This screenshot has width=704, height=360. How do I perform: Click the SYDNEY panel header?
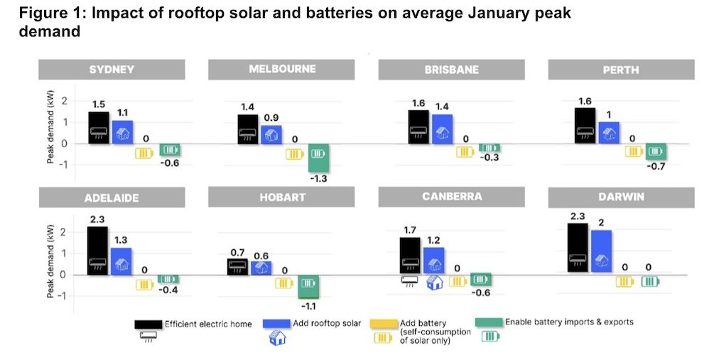pos(112,70)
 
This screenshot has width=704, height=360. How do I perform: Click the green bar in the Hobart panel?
pos(308,286)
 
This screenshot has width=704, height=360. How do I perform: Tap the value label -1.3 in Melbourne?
pos(318,179)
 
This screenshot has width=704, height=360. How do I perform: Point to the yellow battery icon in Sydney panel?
pos(145,152)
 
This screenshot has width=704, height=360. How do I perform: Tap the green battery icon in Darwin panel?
pos(650,281)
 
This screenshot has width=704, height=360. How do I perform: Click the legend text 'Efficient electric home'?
pos(208,324)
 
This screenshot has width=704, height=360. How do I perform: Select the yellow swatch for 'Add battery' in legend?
pos(384,322)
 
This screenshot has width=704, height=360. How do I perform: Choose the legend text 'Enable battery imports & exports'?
pos(569,322)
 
